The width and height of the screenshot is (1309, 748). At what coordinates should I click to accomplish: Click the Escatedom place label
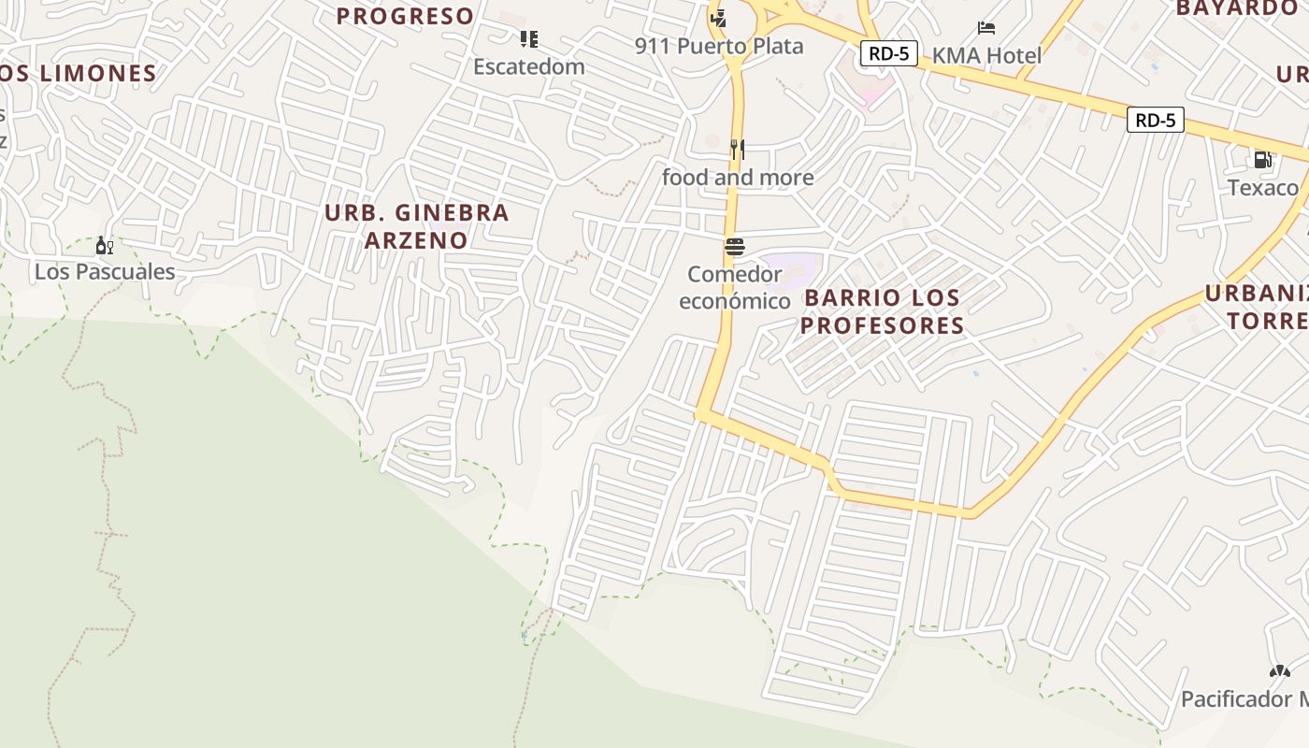529,67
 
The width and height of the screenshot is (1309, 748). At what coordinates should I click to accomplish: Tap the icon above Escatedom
529,39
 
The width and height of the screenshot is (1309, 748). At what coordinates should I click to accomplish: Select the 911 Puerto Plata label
719,47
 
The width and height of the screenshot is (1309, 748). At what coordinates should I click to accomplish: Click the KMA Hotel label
986,56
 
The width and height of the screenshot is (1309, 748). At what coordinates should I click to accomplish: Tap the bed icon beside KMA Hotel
986,28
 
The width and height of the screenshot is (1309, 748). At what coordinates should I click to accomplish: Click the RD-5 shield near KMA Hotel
888,53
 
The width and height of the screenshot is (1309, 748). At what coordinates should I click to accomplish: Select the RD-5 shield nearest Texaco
1156,120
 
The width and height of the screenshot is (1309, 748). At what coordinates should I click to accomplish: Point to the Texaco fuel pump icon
1262,160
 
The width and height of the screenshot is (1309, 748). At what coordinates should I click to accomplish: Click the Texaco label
1262,188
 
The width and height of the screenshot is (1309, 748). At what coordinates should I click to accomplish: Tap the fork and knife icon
738,149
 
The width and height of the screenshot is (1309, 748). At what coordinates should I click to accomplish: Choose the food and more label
738,178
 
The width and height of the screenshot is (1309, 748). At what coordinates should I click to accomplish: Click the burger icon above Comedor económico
735,247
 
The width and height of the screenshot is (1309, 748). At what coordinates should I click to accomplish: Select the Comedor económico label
735,288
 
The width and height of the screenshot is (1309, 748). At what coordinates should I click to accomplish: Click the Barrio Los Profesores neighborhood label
882,311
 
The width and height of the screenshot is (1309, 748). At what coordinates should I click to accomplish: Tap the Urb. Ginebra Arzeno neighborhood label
416,226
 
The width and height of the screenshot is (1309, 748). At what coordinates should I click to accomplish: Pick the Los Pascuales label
105,272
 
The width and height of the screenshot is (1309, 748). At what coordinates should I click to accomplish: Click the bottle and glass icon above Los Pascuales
105,246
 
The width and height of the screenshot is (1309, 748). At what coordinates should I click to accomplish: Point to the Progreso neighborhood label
405,16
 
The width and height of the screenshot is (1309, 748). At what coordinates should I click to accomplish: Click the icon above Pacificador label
1279,671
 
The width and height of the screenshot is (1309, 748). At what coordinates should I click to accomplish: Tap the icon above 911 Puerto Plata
718,18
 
